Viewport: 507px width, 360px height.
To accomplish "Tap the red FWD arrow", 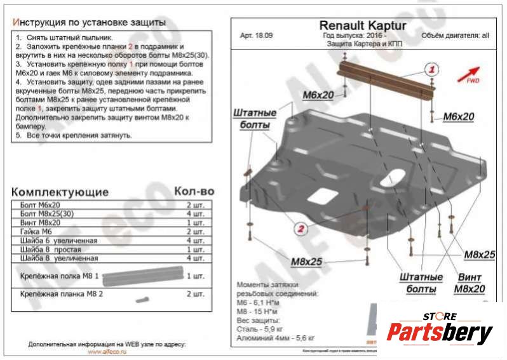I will [471, 72].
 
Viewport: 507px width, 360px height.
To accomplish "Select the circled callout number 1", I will [431, 69].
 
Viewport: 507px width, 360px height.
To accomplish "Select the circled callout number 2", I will [302, 229].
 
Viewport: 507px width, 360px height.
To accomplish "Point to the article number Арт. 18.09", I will [255, 36].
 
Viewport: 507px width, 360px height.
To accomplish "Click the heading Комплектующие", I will [60, 192].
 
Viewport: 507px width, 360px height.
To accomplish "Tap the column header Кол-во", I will [194, 191].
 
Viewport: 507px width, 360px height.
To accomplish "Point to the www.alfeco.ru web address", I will [105, 351].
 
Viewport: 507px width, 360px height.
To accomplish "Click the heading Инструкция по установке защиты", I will [89, 22].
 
